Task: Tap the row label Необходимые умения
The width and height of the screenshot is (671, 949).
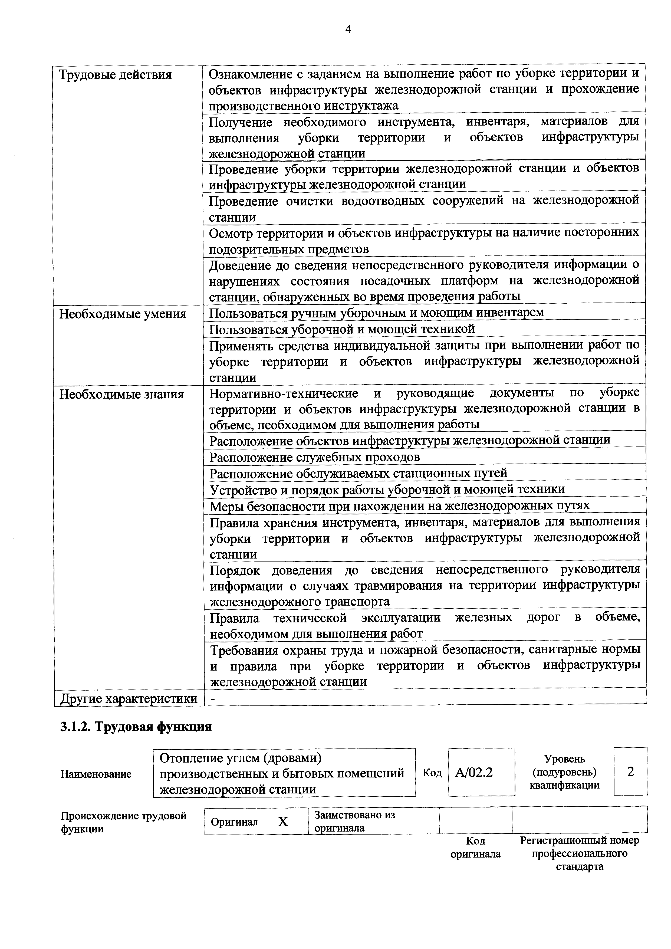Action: [123, 314]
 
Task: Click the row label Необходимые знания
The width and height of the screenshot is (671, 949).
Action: [121, 394]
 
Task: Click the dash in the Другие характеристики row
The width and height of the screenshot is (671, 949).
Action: [213, 698]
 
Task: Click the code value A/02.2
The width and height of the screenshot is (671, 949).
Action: [474, 772]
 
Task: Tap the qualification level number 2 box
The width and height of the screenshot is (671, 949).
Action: [630, 771]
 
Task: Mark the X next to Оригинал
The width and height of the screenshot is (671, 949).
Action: [283, 822]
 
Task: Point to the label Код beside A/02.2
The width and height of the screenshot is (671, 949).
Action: [432, 773]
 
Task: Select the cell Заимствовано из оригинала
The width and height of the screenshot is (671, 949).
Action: [354, 821]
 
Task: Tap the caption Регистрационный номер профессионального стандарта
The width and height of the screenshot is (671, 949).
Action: [579, 853]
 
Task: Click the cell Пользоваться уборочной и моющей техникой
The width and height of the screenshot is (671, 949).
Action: [342, 329]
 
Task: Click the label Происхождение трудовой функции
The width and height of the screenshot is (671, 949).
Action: [123, 822]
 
